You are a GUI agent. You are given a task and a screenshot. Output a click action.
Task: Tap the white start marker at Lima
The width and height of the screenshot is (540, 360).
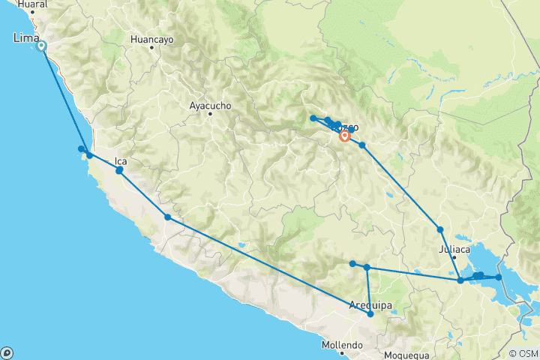click(x=41, y=46)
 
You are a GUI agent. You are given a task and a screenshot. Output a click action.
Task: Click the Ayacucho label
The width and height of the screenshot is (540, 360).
click(x=210, y=106)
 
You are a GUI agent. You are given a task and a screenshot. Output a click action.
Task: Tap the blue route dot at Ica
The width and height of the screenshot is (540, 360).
click(x=119, y=170)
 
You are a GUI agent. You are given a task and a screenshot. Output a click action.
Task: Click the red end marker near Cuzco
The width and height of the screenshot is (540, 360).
click(x=344, y=136)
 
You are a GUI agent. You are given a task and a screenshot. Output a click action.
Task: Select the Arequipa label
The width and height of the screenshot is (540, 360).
click(x=372, y=304)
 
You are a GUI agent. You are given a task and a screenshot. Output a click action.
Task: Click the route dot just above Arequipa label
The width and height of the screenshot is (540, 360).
click(x=370, y=314)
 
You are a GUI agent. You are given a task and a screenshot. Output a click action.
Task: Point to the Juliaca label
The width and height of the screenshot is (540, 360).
click(x=454, y=250)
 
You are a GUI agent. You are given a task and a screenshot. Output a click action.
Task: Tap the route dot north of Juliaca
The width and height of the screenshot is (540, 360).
click(x=440, y=229)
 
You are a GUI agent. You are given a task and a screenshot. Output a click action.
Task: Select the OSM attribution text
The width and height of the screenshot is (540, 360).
click(x=523, y=353)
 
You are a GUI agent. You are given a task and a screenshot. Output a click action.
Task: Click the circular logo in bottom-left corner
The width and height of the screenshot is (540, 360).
click(x=7, y=352)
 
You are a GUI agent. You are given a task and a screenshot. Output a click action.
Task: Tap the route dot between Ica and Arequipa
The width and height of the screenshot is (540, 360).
click(x=168, y=217)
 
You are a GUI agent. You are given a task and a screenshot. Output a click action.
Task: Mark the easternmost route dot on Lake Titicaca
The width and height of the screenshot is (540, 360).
click(x=498, y=277)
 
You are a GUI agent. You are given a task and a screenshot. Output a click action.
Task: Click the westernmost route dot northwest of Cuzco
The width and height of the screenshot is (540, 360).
click(x=313, y=118)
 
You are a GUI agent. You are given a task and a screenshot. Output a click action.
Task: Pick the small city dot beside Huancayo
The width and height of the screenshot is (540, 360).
click(x=151, y=47)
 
